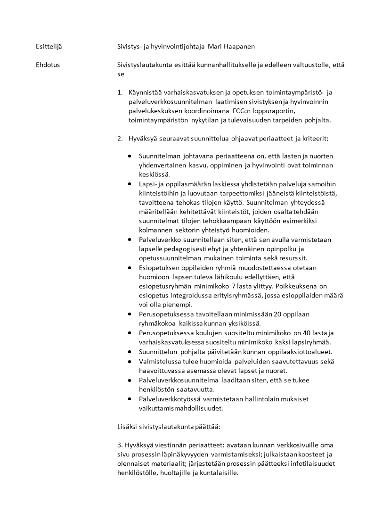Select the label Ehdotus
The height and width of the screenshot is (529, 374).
pyautogui.click(x=48, y=65)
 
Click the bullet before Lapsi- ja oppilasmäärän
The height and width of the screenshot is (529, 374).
pyautogui.click(x=129, y=183)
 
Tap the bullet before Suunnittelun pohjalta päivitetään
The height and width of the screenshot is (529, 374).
pyautogui.click(x=129, y=352)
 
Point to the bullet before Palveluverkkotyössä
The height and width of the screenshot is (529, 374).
pyautogui.click(x=129, y=399)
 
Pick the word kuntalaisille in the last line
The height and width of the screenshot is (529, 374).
pyautogui.click(x=217, y=473)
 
